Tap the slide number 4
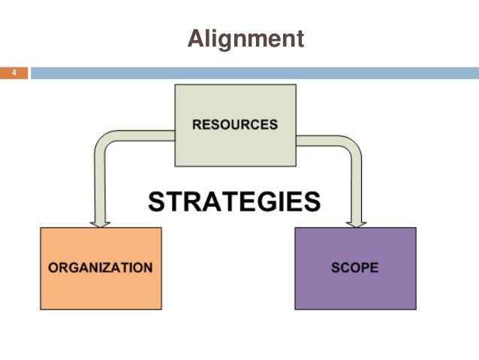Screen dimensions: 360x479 coord(14,73)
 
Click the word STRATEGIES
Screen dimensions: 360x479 coord(233,201)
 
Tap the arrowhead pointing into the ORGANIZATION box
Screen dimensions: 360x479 coord(100,222)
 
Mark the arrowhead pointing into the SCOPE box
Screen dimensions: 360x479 coord(355,222)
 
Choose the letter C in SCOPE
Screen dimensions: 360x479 coord(344,267)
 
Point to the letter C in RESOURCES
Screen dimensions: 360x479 coord(252,125)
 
